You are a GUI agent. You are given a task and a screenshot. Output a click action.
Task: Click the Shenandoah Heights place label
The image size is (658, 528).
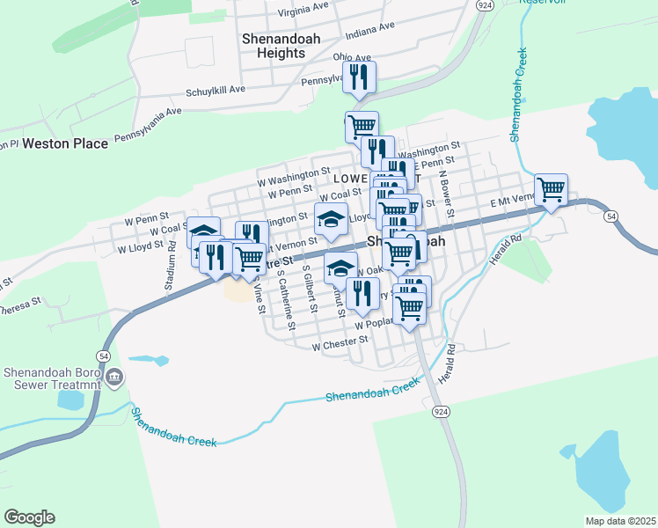(274, 46)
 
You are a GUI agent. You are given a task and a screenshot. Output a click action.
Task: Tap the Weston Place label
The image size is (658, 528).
(65, 143)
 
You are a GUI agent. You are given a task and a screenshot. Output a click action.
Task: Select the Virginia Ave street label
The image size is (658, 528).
(303, 10)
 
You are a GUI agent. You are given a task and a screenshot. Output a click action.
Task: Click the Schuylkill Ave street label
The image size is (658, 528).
(215, 90)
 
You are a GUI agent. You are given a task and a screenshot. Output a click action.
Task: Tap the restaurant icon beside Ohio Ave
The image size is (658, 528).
(359, 77)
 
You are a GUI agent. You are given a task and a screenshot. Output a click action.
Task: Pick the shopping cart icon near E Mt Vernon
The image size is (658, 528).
(551, 189)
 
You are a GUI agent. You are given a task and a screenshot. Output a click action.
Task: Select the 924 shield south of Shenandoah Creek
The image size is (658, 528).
(439, 411)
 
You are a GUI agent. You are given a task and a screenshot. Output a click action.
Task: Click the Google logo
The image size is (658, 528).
(29, 517)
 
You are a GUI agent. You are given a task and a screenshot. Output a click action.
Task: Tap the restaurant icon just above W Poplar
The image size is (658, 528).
(362, 294)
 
